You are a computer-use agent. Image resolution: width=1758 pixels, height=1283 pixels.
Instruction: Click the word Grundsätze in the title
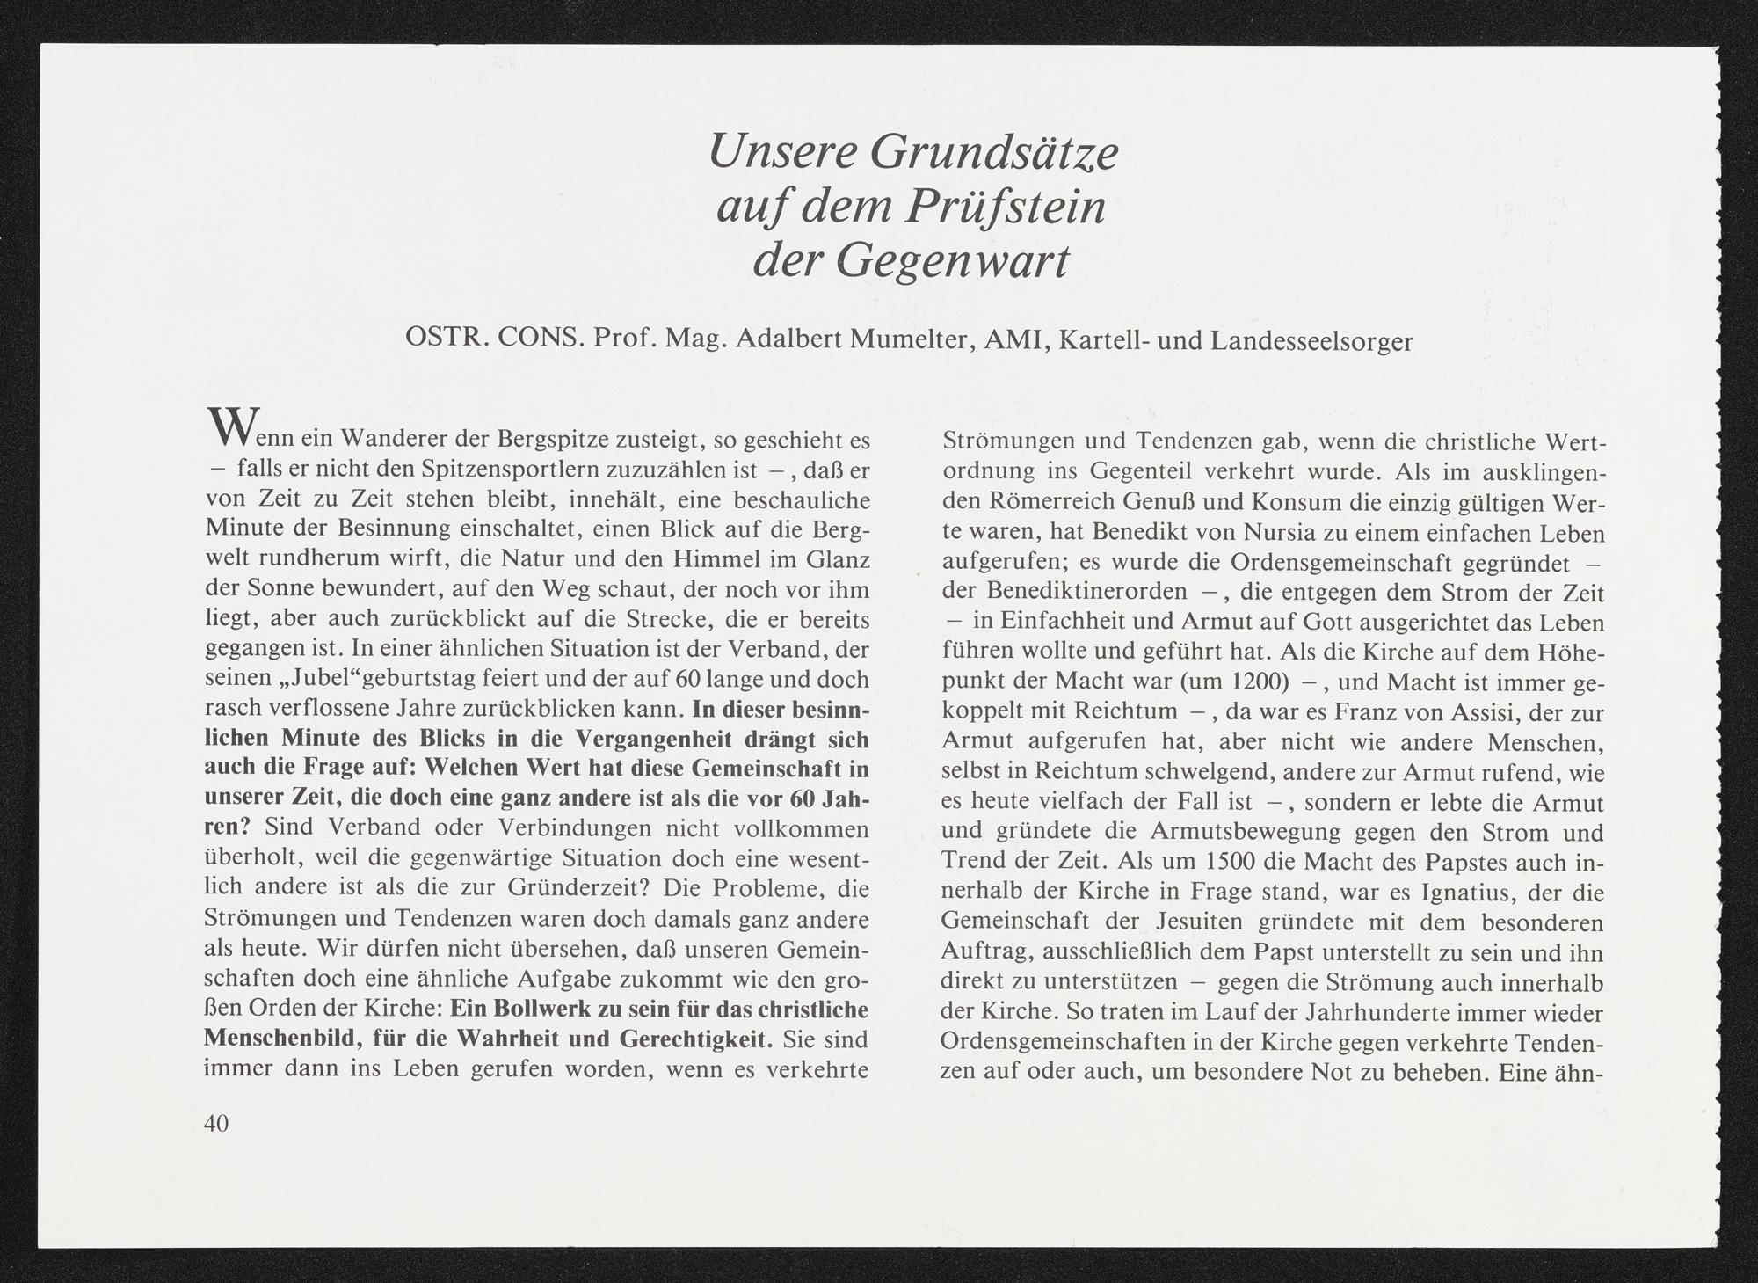[993, 153]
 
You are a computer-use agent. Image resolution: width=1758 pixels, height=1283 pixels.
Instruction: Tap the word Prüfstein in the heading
[1006, 208]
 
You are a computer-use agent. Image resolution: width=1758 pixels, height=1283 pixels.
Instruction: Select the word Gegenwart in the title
[953, 261]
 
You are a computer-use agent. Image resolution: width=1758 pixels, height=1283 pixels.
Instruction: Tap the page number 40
[216, 1123]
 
